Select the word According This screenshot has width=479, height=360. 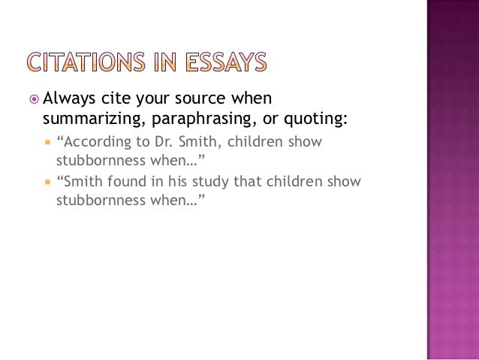93,141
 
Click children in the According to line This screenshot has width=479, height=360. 252,141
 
